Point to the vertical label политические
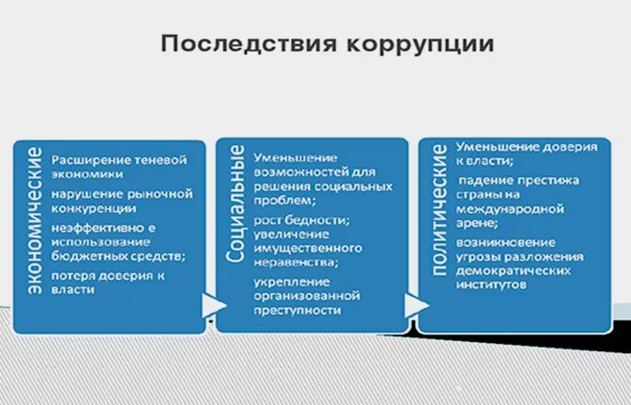tap(439, 210)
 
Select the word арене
tap(477, 223)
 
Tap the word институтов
tap(492, 283)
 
